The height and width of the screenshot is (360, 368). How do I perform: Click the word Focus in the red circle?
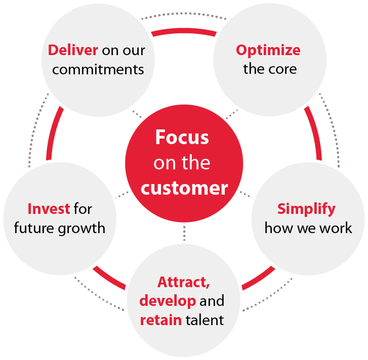pos(182,138)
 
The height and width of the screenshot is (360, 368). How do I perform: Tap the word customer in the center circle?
pos(184,188)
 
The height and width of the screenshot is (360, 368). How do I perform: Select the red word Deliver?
pos(73,51)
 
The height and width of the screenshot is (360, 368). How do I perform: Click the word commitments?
pos(98,69)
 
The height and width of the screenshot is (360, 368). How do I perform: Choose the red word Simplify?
pos(306,209)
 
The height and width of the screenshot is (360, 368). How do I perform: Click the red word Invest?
pos(49,209)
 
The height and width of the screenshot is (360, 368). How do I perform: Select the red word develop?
pos(168,301)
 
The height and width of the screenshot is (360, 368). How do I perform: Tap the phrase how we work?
pos(308,228)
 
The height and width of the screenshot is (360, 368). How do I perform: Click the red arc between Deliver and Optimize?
pos(184,31)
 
